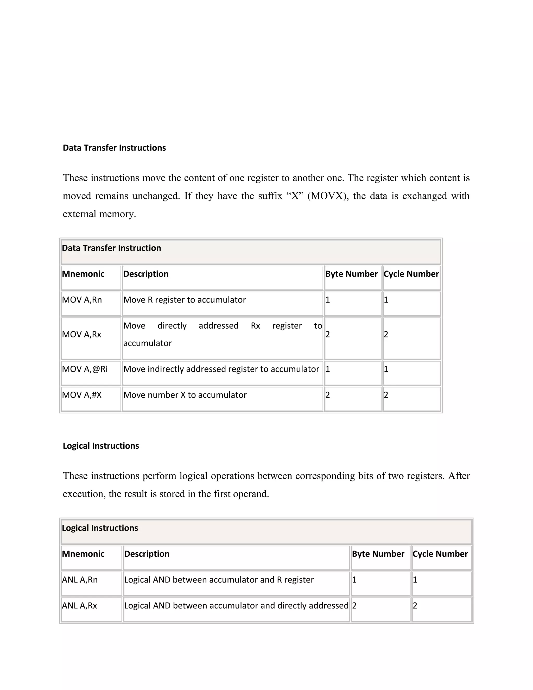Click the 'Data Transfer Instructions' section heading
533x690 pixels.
click(114, 148)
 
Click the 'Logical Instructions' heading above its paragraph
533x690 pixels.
click(101, 446)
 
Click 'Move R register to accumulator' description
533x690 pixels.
click(185, 300)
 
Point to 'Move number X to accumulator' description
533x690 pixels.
click(185, 395)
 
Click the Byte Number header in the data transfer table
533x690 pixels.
click(351, 274)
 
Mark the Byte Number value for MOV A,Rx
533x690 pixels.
click(328, 334)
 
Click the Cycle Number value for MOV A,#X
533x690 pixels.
click(386, 395)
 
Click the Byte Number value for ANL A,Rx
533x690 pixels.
click(354, 606)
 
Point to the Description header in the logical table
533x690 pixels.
click(147, 554)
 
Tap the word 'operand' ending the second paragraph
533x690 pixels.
click(250, 494)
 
